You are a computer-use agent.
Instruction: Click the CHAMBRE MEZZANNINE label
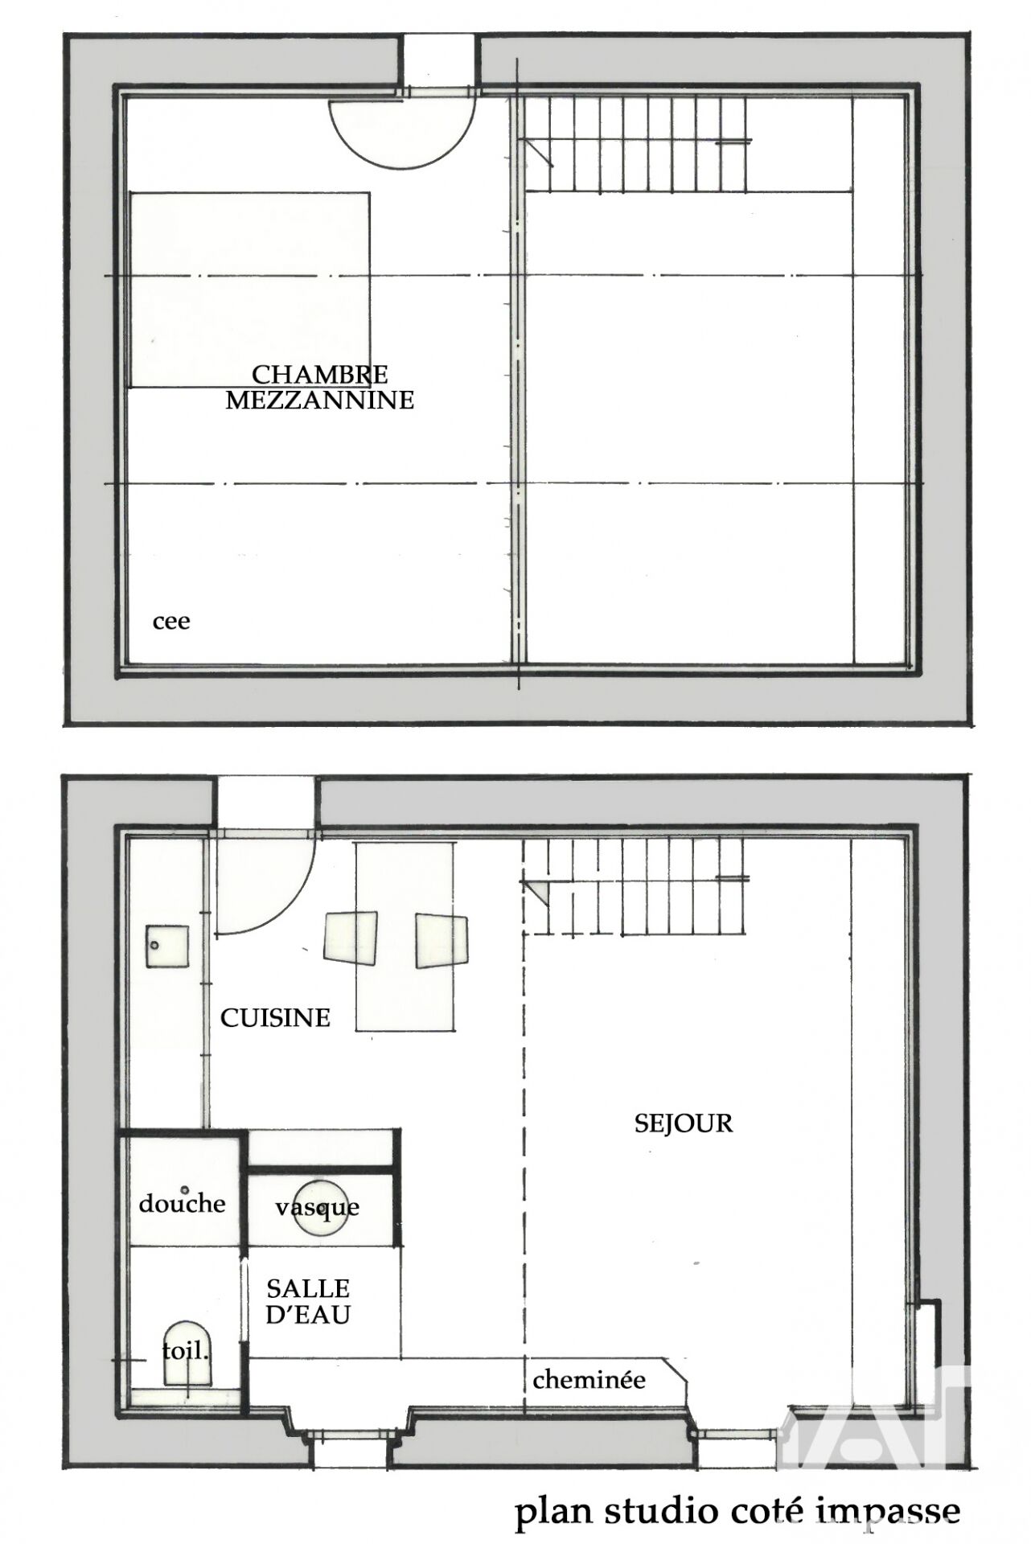[x=319, y=388]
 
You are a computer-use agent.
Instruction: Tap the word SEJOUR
[x=684, y=1123]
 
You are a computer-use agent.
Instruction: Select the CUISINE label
[x=275, y=1018]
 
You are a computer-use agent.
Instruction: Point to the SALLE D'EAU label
[x=308, y=1301]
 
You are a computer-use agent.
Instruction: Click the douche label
[x=182, y=1204]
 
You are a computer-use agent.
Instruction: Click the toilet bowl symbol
[x=189, y=1353]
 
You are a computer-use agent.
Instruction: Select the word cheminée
[x=589, y=1380]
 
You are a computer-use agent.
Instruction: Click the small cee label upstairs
[x=171, y=622]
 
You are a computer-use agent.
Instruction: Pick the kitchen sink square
[x=167, y=947]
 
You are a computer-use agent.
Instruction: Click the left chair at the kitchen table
[x=351, y=938]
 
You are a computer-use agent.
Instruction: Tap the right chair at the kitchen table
[x=442, y=940]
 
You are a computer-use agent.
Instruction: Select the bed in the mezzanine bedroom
[x=249, y=289]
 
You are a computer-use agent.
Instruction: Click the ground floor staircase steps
[x=635, y=885]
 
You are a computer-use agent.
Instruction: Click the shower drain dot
[x=184, y=1189]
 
